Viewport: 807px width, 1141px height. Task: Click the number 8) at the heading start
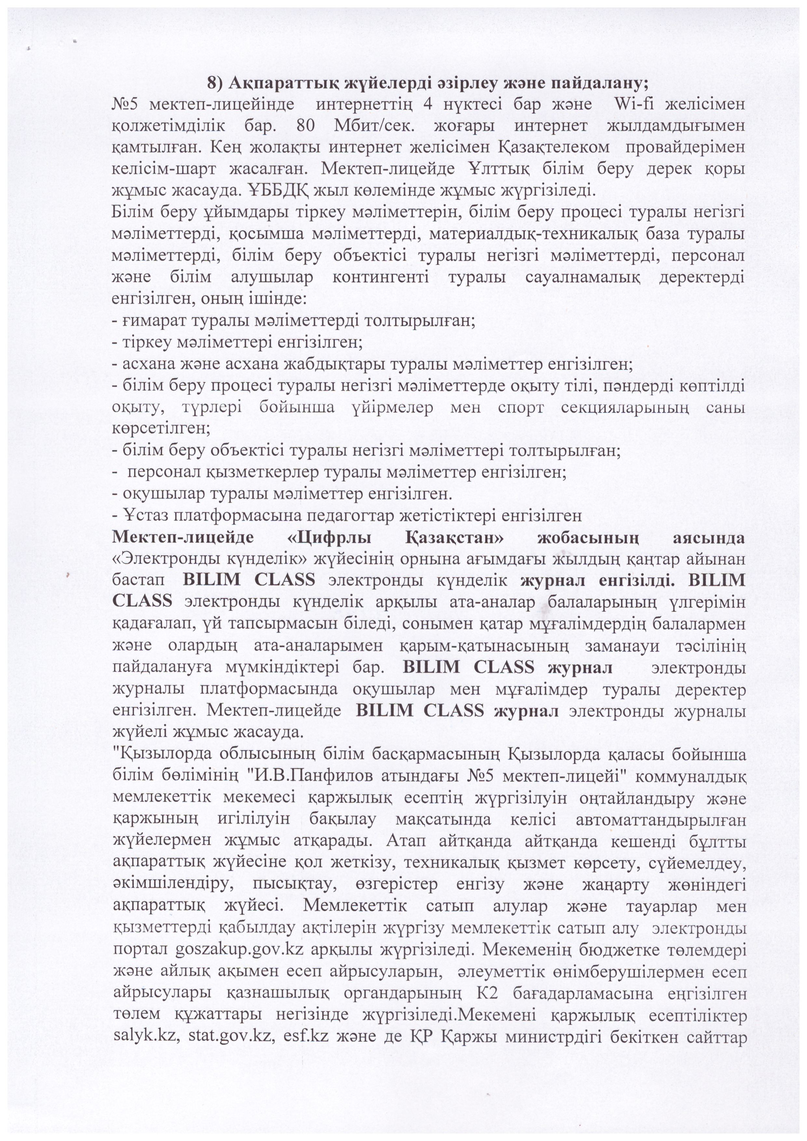[217, 84]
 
